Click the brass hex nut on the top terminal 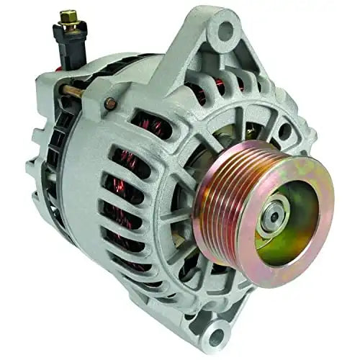(70, 16)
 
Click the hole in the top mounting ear (225, 31)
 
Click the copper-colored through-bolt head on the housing (111, 103)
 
